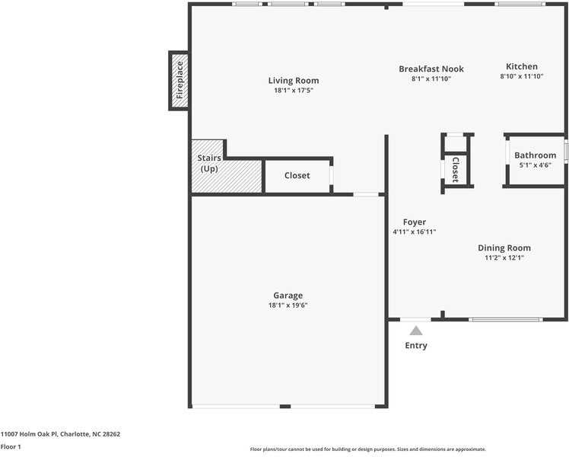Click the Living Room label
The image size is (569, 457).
coord(294,81)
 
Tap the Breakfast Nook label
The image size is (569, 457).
coord(431,69)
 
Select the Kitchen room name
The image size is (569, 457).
coord(522,66)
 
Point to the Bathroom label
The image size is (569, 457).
coord(535,155)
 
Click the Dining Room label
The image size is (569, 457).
coord(504,248)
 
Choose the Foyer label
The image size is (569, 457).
coord(415,222)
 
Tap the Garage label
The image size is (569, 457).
coord(288,296)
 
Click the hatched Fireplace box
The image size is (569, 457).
coord(180,81)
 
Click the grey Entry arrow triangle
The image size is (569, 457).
coord(416,331)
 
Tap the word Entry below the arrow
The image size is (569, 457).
coord(416,346)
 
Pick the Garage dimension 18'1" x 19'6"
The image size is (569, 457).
coord(288,305)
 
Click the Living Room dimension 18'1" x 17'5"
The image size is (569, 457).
coord(294,91)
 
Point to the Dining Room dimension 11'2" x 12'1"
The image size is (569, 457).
coord(504,258)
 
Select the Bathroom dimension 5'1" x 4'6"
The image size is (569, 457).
coord(535,165)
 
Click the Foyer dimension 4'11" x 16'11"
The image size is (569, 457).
coord(415,232)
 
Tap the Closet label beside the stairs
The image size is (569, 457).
coord(297,175)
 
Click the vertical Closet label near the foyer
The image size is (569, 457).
coord(455,170)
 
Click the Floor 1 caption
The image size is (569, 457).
coord(11,447)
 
